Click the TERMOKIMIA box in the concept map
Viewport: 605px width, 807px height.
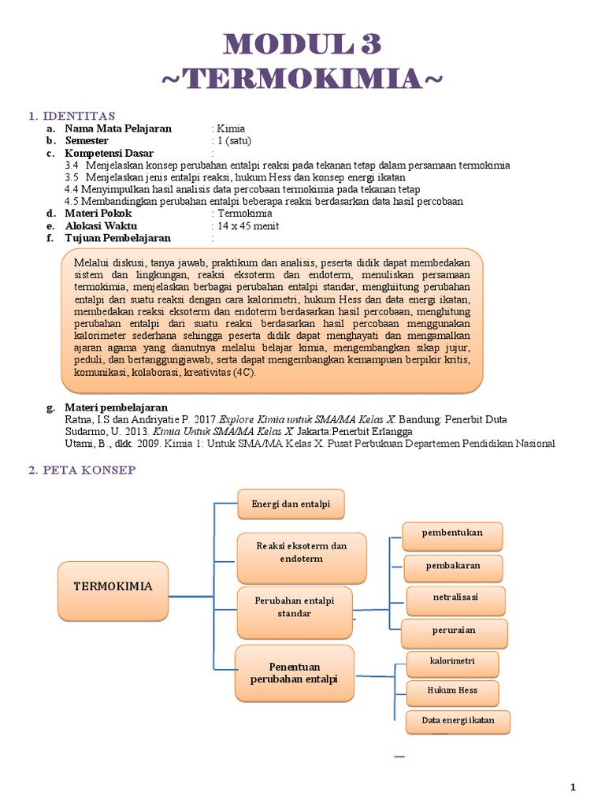click(x=113, y=588)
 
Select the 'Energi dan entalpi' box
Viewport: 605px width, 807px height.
click(x=291, y=504)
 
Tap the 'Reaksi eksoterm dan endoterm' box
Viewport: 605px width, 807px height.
click(x=291, y=552)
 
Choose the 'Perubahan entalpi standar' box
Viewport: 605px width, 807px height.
click(x=294, y=607)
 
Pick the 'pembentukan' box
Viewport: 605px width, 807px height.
click(x=452, y=534)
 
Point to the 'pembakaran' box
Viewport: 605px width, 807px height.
click(x=453, y=566)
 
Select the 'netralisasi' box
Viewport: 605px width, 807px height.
click(x=455, y=598)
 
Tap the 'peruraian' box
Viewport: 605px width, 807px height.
click(x=454, y=631)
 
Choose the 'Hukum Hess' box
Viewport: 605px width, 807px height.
click(x=452, y=691)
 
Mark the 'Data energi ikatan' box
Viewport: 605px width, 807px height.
click(x=458, y=720)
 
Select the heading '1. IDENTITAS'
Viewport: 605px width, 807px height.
click(x=72, y=116)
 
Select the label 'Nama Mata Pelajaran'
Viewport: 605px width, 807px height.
click(x=117, y=128)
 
